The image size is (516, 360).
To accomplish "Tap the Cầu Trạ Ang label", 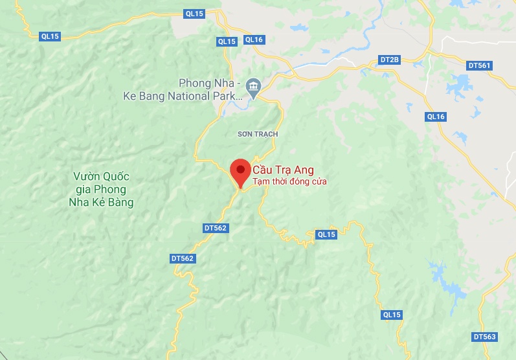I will pos(283,170).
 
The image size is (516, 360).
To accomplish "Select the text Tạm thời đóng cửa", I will pos(289,182).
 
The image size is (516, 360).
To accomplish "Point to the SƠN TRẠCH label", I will pos(258,134).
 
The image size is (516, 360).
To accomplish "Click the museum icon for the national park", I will pos(254,85).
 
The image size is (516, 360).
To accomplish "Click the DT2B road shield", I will pos(390,60).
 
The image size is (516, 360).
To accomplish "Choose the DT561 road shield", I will pos(480,65).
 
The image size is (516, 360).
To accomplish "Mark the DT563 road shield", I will pos(484,337).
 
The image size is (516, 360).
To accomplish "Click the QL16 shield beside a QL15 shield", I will pos(254,39).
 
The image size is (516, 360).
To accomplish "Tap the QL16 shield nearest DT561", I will pos(436,117).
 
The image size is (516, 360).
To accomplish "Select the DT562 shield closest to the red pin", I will pos(216,228).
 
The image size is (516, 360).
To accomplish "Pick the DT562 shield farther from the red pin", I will pos(183,258).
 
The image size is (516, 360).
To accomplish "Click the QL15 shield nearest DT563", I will pos(392,315).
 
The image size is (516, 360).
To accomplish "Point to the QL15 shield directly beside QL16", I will pos(227,41).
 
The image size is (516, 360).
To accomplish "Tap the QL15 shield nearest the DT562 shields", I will pos(326,234).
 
